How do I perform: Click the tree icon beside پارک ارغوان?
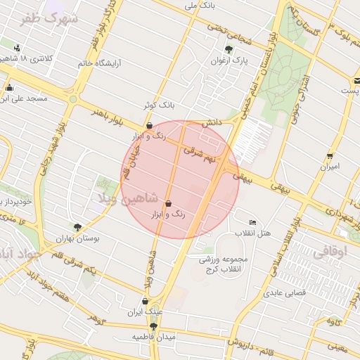229,49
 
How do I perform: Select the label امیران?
330,167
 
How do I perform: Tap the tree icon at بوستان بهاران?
77,227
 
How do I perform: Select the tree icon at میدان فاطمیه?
153,326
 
